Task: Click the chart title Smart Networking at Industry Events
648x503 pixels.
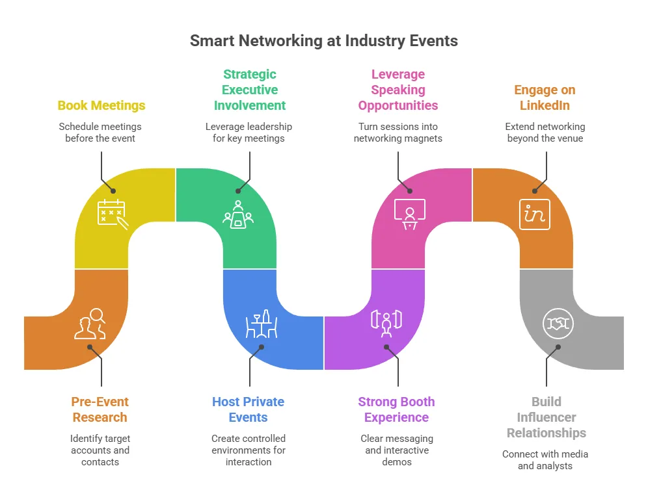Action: [x=323, y=41]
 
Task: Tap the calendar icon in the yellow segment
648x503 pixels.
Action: [x=113, y=214]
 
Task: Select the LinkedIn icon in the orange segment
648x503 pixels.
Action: [x=534, y=214]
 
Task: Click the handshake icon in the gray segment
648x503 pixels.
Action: [x=558, y=324]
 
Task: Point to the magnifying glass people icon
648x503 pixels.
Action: [x=90, y=324]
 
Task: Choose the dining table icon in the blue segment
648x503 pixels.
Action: [x=262, y=324]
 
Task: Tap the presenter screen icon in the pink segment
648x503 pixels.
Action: [x=409, y=214]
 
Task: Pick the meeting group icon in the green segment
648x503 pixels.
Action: [x=238, y=214]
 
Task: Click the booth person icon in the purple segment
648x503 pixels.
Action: [x=386, y=324]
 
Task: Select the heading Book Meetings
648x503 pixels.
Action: [x=101, y=106]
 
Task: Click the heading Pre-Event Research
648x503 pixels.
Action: [x=100, y=409]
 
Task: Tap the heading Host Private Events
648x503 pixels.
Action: [x=249, y=409]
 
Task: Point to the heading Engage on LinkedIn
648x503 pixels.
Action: [x=545, y=97]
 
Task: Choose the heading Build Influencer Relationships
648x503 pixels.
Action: [x=547, y=417]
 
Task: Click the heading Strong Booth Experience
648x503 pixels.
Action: [x=396, y=409]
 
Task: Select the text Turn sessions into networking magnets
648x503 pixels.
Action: [x=398, y=133]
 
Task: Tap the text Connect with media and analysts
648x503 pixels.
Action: [x=545, y=459]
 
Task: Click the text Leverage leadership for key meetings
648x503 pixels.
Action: [x=249, y=133]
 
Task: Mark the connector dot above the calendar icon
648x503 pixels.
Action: [x=113, y=191]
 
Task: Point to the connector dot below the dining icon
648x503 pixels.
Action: [x=262, y=347]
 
